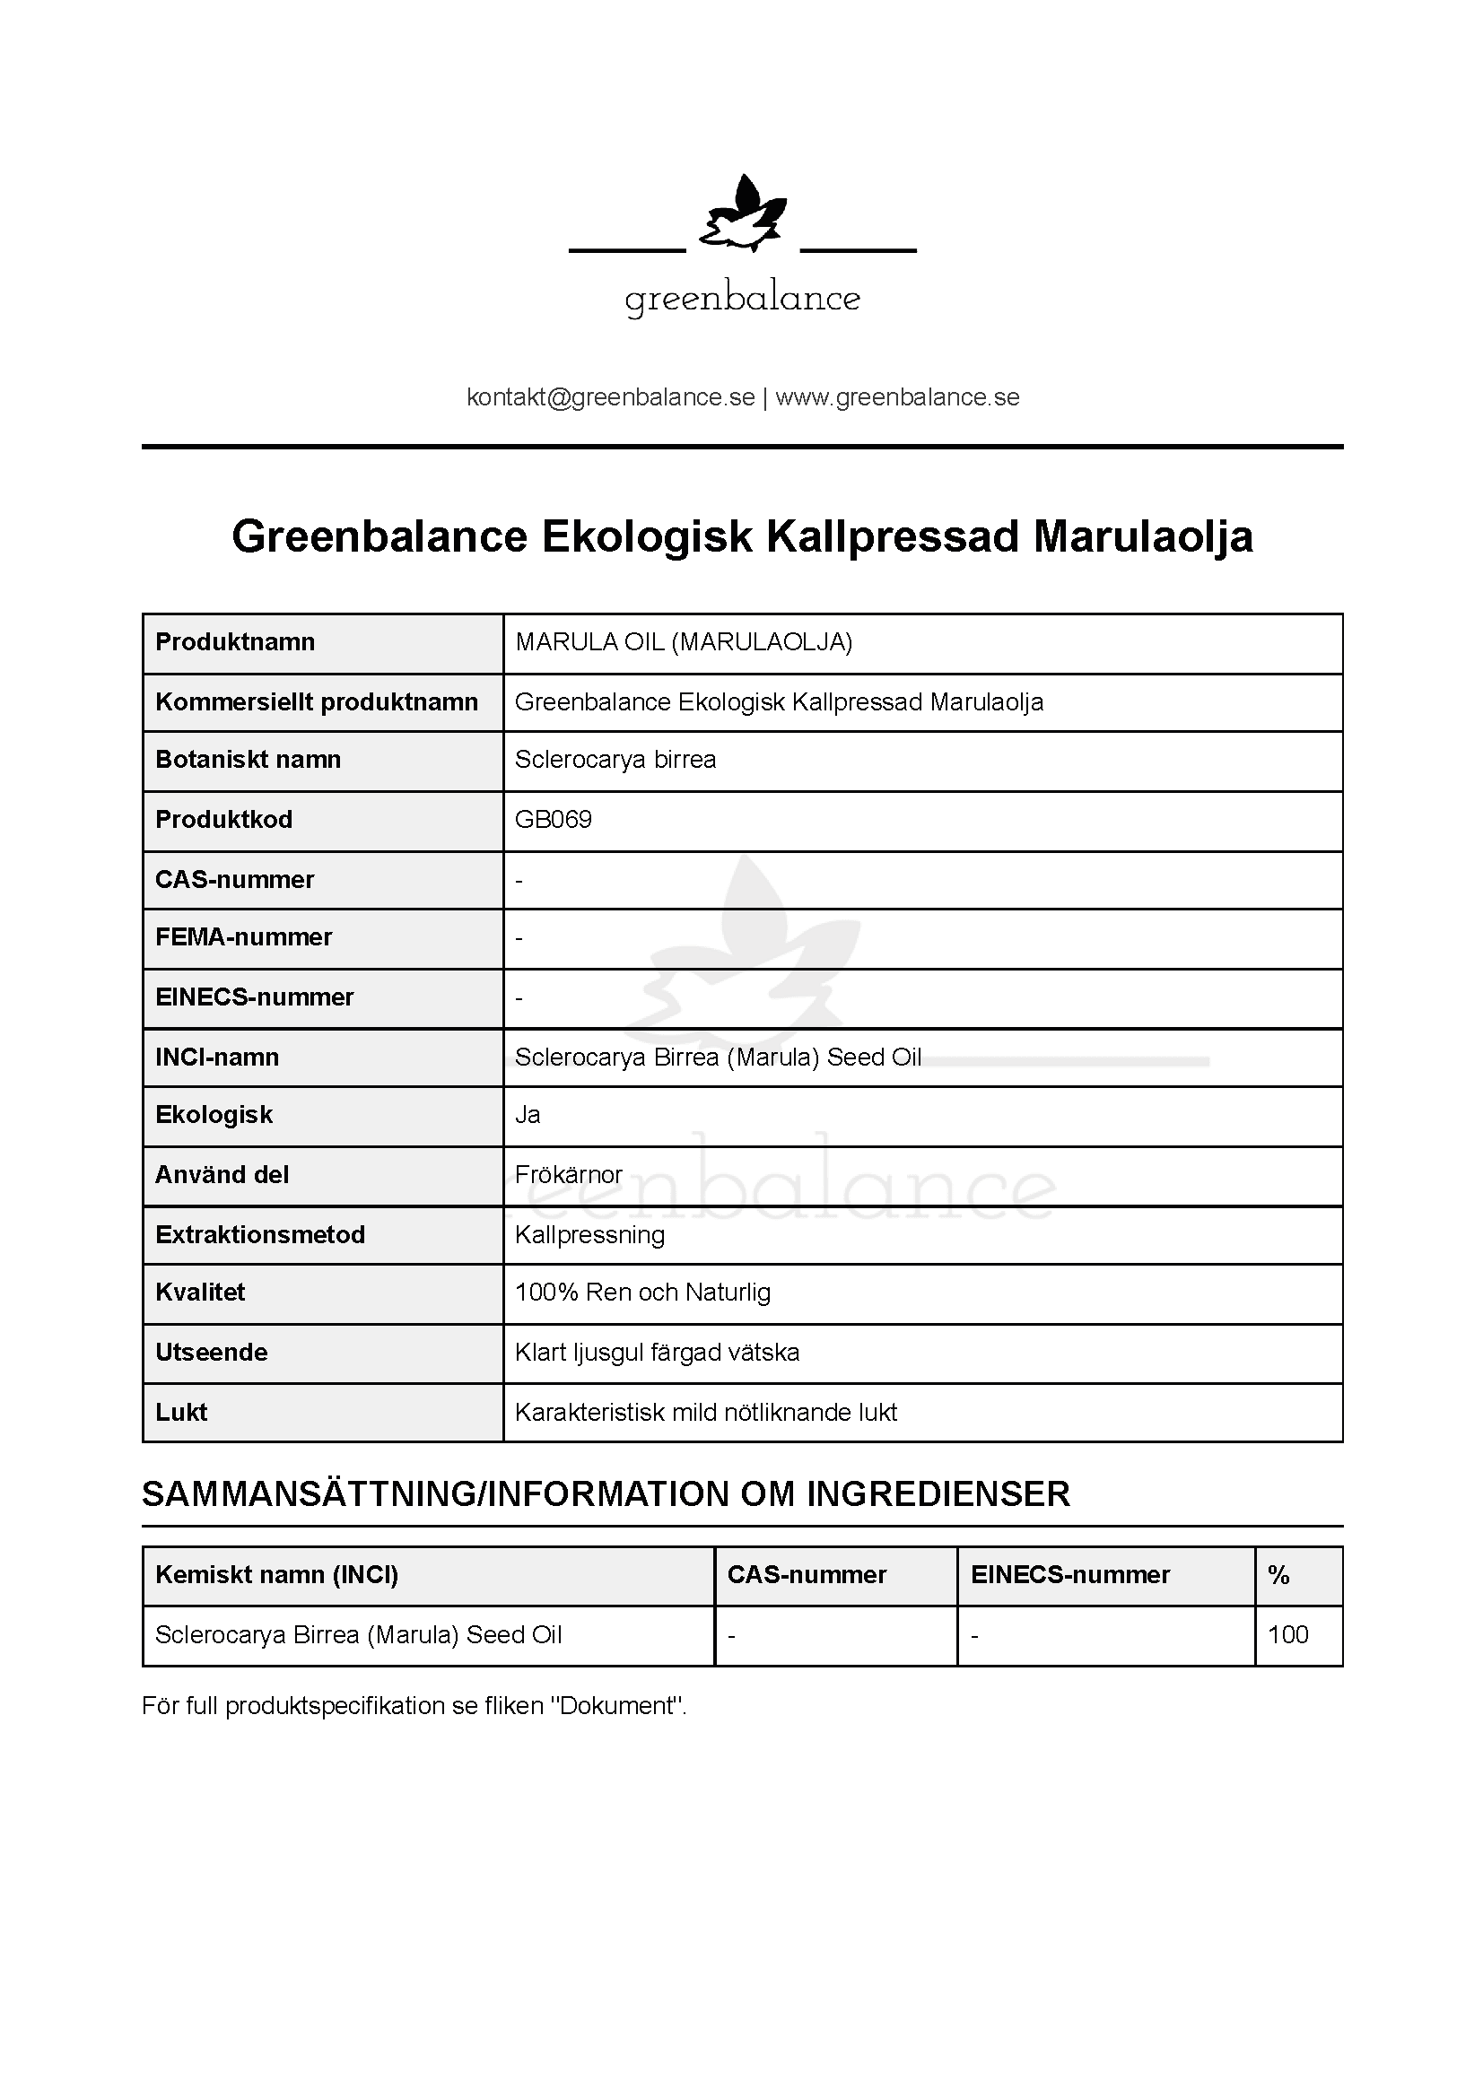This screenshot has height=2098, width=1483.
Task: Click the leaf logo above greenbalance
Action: click(742, 214)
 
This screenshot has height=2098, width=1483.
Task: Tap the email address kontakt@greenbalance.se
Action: click(610, 397)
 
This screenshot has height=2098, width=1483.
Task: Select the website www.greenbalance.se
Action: click(897, 397)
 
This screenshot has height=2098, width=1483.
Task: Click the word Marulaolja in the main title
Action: click(1143, 536)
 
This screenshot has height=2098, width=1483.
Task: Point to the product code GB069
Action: click(553, 819)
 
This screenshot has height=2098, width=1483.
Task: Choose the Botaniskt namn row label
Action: click(248, 760)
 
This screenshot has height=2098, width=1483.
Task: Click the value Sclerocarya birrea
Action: click(615, 760)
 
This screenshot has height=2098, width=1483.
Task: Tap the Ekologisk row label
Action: click(214, 1115)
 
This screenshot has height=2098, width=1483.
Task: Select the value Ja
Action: click(528, 1115)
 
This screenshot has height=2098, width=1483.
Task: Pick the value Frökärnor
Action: click(568, 1175)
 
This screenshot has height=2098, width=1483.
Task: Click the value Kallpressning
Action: click(589, 1235)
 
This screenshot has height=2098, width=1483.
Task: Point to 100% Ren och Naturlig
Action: click(642, 1293)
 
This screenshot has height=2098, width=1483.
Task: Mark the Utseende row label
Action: click(211, 1353)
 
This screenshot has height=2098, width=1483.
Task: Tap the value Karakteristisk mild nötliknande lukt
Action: click(705, 1413)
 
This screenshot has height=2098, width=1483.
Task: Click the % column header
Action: click(1278, 1575)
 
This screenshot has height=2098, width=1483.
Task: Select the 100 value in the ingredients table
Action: click(1287, 1635)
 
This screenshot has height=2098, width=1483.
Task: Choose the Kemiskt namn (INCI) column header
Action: click(277, 1575)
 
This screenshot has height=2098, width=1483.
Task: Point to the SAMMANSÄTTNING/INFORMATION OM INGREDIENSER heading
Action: click(606, 1495)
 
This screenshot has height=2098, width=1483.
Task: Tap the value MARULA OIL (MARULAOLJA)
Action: click(684, 642)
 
